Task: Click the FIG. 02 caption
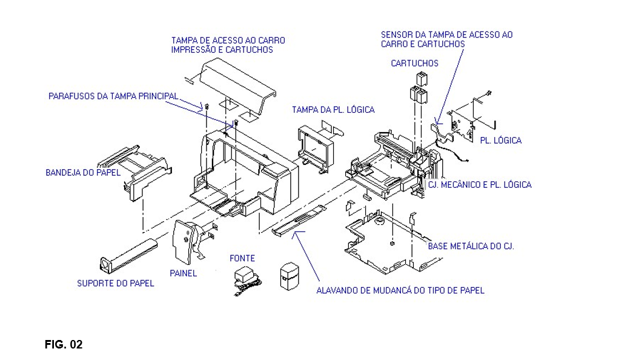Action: coord(64,345)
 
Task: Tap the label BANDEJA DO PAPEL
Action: coord(82,173)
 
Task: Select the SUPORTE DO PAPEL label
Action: coord(116,283)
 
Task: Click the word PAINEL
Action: coord(183,273)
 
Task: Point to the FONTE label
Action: coord(242,258)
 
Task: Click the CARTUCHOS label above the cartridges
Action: coord(414,63)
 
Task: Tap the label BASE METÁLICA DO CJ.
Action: coord(471,247)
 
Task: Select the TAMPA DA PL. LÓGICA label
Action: coord(333,110)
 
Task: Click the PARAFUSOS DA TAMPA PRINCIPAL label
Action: coord(113,96)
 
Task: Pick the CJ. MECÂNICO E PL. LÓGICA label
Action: coord(479,185)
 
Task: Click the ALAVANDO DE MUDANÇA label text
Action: coord(400,290)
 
